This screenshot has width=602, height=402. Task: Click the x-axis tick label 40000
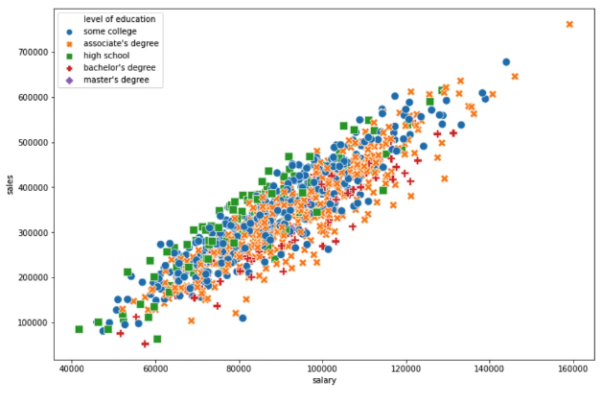(71, 369)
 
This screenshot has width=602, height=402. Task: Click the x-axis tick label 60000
(155, 369)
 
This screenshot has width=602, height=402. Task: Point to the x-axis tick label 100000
(322, 369)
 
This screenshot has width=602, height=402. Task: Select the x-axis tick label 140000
(490, 369)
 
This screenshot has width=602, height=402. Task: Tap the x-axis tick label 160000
(573, 369)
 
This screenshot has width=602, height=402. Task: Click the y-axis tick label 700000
(33, 52)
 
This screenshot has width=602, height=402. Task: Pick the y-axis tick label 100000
(33, 322)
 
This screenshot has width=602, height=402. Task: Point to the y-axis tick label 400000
(33, 187)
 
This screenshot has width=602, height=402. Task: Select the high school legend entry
(105, 56)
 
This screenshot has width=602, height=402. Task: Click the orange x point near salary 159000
(569, 24)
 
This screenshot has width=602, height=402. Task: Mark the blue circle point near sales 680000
(506, 61)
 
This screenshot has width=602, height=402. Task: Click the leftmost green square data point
(80, 329)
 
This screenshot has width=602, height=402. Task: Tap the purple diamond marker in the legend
(69, 81)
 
